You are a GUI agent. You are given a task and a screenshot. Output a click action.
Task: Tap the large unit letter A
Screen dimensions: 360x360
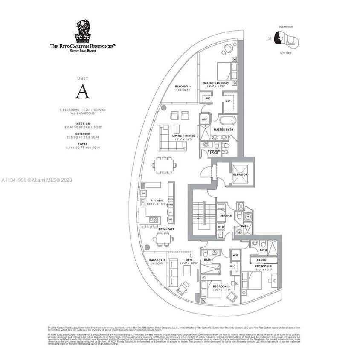click(83, 92)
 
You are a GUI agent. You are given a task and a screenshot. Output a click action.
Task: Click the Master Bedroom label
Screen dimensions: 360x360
click(215, 83)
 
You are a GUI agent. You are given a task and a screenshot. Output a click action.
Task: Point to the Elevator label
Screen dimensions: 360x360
click(240, 174)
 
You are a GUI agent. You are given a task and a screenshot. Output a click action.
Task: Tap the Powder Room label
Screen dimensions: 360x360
click(213, 152)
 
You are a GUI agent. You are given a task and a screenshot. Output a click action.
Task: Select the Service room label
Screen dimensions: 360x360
click(226, 215)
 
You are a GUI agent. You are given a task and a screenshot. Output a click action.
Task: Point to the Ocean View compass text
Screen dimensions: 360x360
click(285, 27)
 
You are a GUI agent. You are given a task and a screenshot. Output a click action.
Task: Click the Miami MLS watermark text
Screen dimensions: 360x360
click(37, 180)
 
